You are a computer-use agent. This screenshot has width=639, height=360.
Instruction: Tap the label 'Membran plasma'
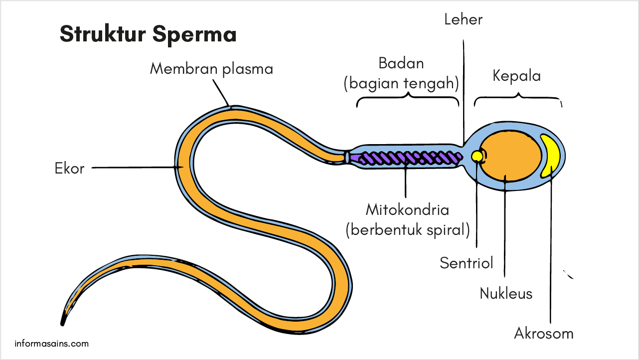click(211, 68)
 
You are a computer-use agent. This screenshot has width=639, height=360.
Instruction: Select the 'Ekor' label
click(69, 169)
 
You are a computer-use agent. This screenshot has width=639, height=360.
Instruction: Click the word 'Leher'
click(464, 19)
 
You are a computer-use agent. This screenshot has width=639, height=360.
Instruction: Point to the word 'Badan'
click(401, 63)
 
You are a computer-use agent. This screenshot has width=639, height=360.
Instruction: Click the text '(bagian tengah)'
click(401, 83)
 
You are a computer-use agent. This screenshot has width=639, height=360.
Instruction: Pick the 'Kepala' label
click(516, 76)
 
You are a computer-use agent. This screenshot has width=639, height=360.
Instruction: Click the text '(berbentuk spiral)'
click(407, 229)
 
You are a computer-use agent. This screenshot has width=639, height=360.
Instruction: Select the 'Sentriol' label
click(466, 263)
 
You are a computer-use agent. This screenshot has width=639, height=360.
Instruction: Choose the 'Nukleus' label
click(506, 293)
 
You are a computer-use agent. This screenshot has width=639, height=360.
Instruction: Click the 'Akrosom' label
click(544, 333)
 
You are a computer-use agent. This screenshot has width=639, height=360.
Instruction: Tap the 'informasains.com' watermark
click(52, 344)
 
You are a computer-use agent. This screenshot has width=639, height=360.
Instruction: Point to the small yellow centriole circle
click(477, 157)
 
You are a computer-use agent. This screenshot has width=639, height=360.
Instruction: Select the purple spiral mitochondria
click(406, 159)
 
